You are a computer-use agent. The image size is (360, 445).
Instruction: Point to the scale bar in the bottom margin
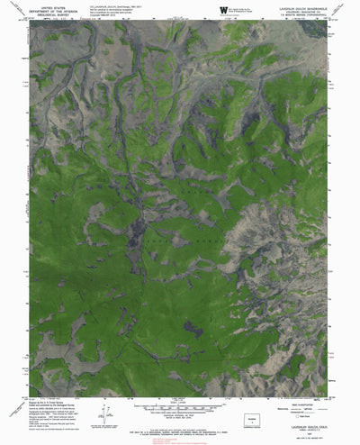[x=180, y=409]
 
